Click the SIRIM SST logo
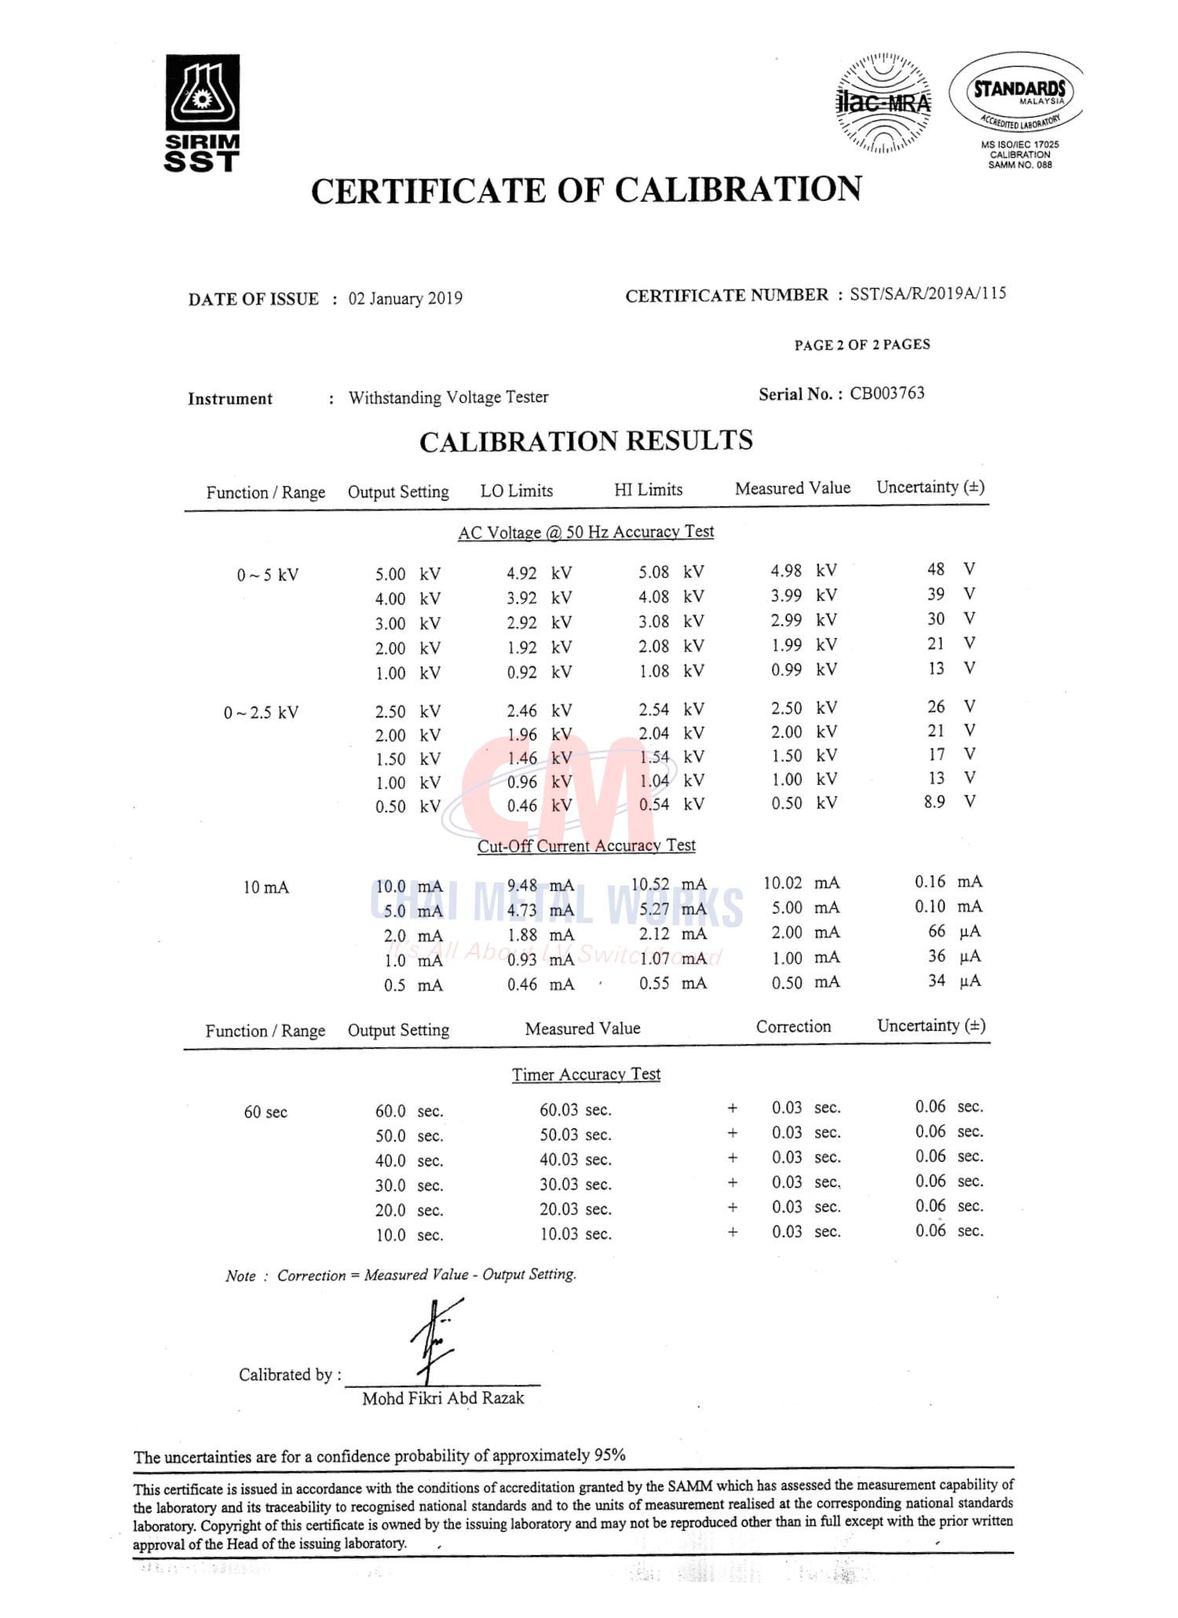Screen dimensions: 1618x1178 pyautogui.click(x=202, y=112)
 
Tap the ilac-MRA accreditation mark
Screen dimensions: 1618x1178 pyautogui.click(x=883, y=103)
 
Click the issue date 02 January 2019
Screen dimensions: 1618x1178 pyautogui.click(x=405, y=298)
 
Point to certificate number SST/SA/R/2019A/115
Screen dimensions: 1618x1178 pyautogui.click(x=927, y=294)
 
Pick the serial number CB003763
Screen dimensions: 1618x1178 pyautogui.click(x=887, y=393)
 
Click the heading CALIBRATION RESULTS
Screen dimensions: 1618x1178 pyautogui.click(x=586, y=441)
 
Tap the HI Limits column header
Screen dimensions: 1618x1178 pyautogui.click(x=648, y=490)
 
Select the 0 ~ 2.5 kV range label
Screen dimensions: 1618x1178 pyautogui.click(x=261, y=713)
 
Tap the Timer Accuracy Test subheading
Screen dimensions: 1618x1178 pyautogui.click(x=586, y=1074)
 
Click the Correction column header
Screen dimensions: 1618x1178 pyautogui.click(x=793, y=1027)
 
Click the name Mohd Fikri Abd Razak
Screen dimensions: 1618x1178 pyautogui.click(x=443, y=1398)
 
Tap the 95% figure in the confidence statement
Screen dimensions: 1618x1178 pyautogui.click(x=609, y=1455)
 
